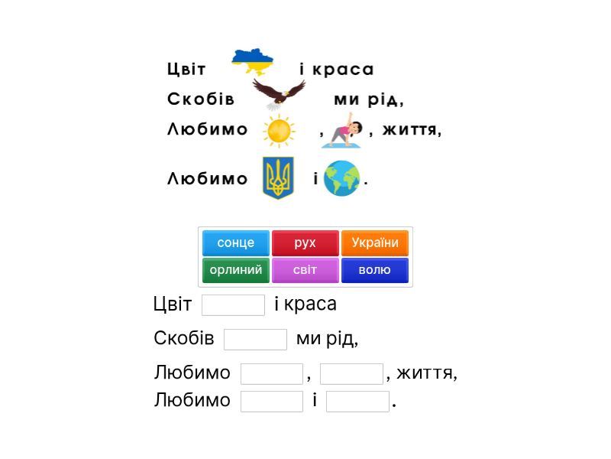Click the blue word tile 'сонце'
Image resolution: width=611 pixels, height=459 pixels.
[236, 243]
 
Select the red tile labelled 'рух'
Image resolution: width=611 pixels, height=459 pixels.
[305, 243]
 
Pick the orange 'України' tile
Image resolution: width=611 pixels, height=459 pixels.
[375, 243]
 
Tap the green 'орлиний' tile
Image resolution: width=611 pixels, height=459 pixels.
[236, 270]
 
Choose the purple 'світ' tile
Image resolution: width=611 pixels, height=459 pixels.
[305, 270]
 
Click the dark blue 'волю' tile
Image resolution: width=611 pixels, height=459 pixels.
[375, 270]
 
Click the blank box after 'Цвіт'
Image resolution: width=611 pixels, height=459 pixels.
[233, 305]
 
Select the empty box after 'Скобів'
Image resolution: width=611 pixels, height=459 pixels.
[255, 340]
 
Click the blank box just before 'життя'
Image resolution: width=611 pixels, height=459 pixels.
[351, 374]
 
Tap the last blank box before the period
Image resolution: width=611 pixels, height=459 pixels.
[357, 401]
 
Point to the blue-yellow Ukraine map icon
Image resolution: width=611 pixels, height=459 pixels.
[253, 62]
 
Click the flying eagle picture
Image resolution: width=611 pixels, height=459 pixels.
[279, 94]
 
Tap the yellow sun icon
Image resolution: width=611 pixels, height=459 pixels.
[279, 131]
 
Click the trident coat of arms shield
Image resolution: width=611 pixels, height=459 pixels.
[278, 178]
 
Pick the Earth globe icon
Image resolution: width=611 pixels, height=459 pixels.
[341, 178]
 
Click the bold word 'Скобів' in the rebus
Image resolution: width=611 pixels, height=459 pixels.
[201, 99]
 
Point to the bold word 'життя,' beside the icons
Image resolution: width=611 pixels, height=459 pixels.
[412, 129]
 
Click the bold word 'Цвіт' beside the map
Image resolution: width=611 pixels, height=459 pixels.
[186, 69]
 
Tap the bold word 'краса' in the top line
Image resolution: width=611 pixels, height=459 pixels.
[343, 70]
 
